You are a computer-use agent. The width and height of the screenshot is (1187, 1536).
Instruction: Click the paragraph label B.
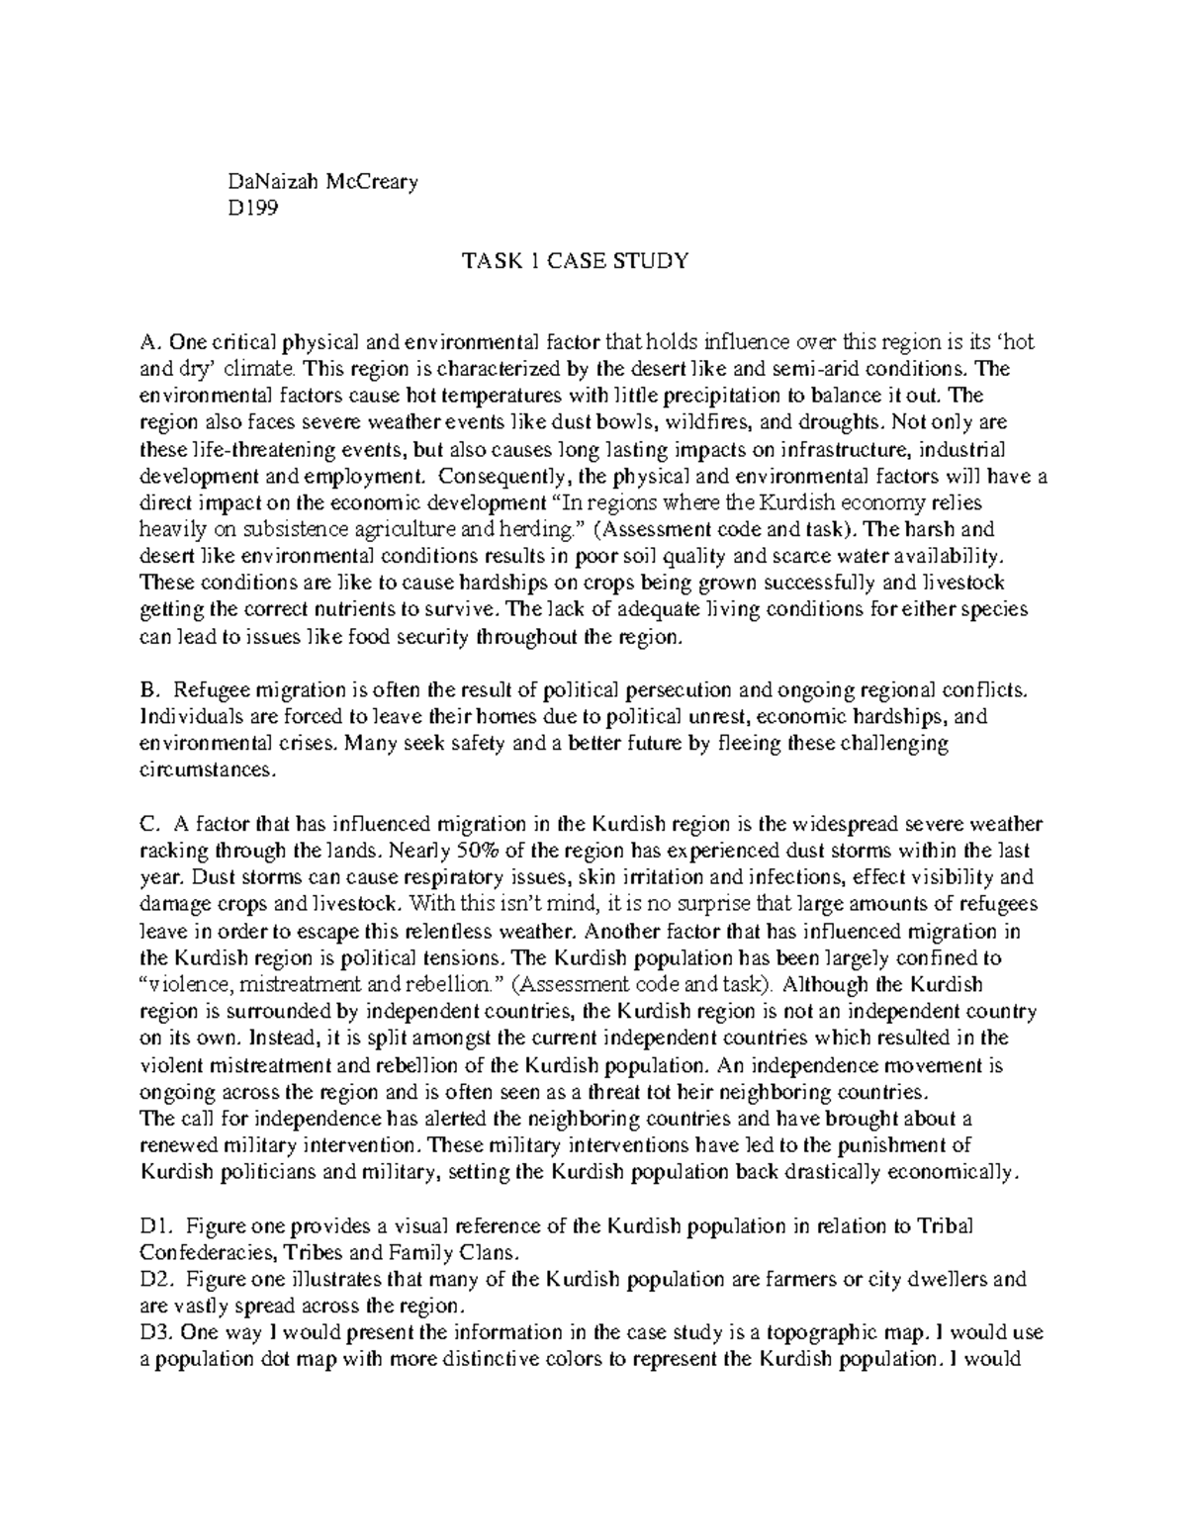[149, 689]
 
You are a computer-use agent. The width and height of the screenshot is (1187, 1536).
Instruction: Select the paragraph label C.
[150, 824]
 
